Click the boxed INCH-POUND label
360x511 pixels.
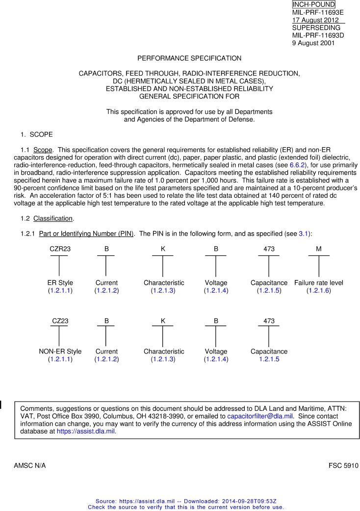pos(313,4)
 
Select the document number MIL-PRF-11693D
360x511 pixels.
pos(318,36)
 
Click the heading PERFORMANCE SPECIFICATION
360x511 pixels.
pos(189,58)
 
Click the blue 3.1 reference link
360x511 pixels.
pos(304,234)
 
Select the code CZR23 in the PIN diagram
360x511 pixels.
pos(60,249)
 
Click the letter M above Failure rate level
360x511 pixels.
pos(319,249)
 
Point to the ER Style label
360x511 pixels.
pos(60,283)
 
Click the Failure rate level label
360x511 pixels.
pos(319,283)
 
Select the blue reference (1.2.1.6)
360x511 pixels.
pos(319,291)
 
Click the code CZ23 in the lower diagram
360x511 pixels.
pos(60,321)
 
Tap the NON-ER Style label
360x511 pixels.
pos(60,351)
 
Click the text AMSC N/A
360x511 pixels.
pos(30,465)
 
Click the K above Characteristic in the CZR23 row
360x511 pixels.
pos(163,249)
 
